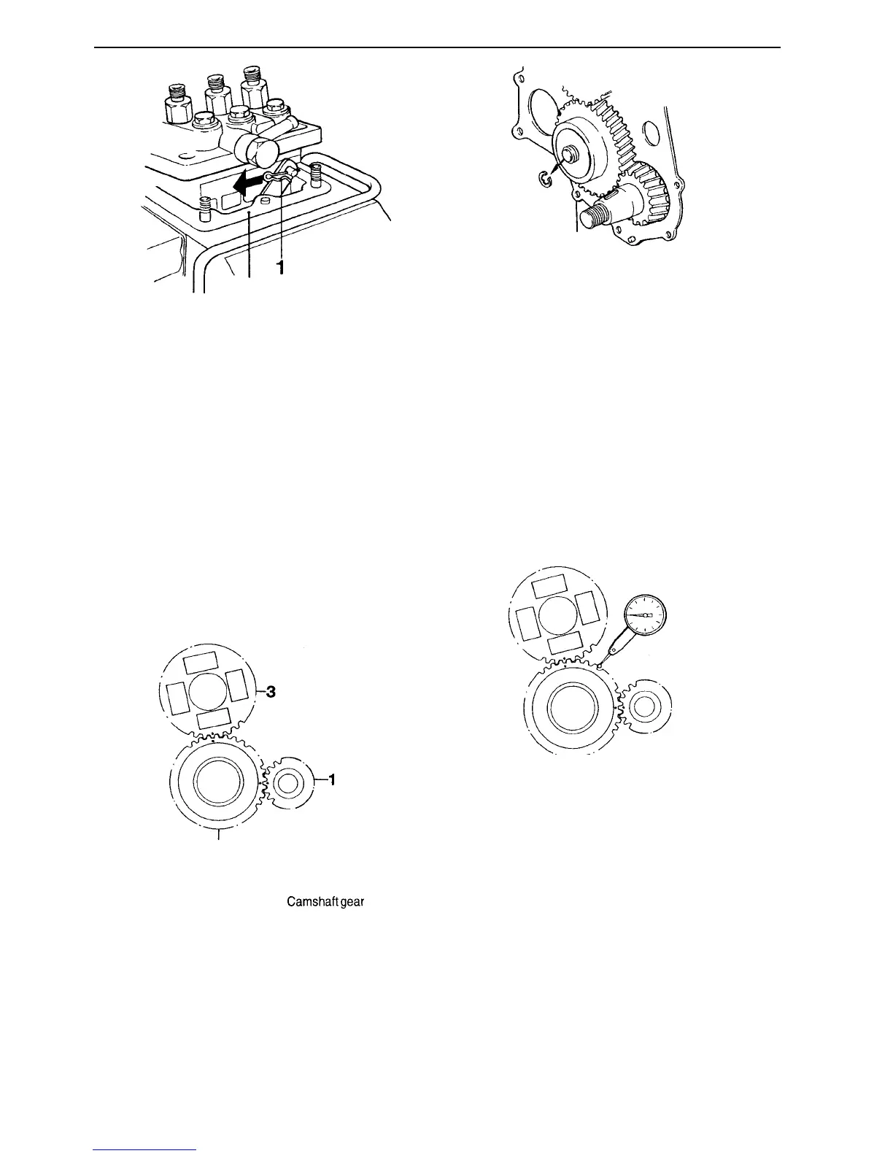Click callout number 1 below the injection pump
pos(279,269)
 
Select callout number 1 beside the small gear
pos(332,780)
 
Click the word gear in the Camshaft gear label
pos(351,902)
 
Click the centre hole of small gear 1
pos(287,784)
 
